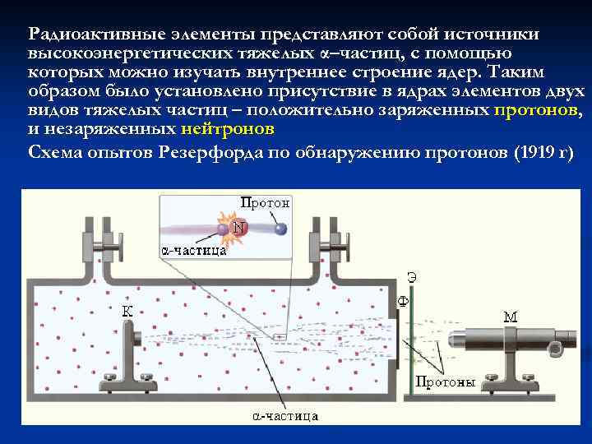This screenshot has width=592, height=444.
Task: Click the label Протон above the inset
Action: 265,202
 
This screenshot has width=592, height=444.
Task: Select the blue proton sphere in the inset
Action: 281,229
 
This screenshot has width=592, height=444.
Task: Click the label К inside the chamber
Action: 128,310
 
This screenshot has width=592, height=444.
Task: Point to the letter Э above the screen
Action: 412,278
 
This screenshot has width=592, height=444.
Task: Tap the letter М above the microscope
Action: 510,316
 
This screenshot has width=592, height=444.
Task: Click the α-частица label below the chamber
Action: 284,416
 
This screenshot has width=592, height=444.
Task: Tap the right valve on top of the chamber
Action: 323,244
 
